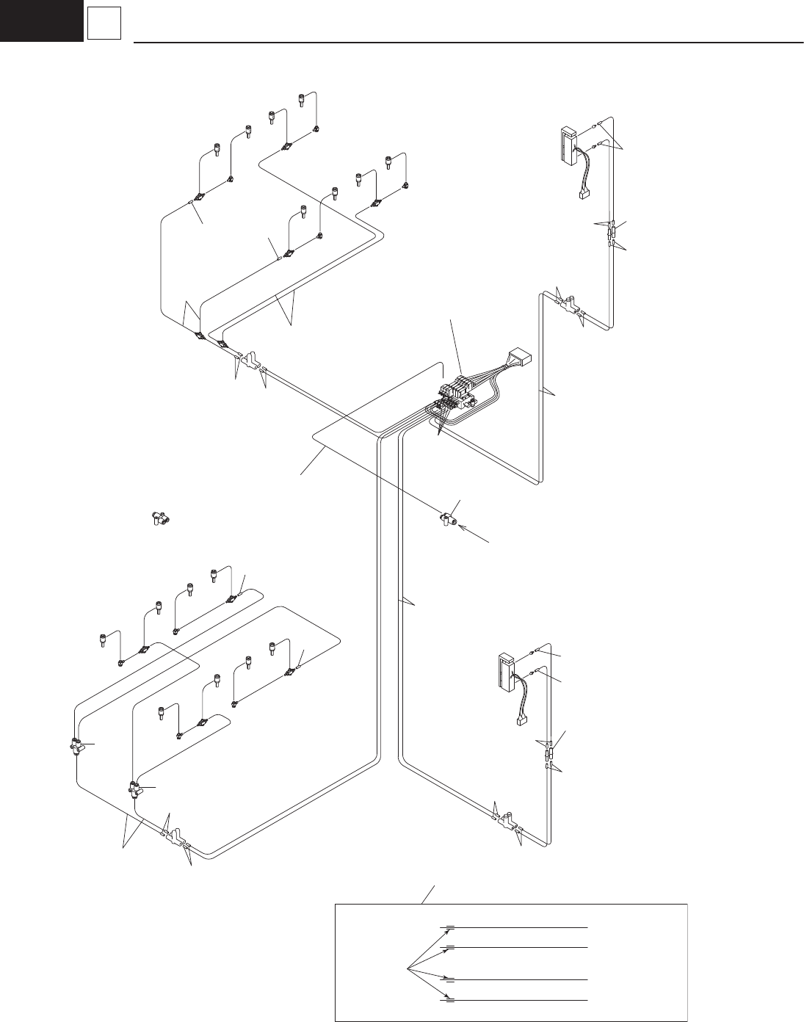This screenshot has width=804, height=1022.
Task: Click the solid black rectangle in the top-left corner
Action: (x=41, y=20)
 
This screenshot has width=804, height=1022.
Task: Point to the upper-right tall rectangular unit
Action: (x=567, y=145)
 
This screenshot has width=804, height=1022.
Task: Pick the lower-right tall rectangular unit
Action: (x=505, y=673)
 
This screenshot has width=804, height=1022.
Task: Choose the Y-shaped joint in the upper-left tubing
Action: (x=250, y=360)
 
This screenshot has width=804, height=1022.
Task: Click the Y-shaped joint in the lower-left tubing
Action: (x=175, y=837)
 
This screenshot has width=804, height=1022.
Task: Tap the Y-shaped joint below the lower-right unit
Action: (x=507, y=820)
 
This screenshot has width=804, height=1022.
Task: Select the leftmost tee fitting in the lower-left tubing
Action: (x=75, y=747)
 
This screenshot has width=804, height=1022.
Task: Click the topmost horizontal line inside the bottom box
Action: (x=514, y=928)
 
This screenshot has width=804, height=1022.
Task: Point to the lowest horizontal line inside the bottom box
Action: (x=514, y=1000)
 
